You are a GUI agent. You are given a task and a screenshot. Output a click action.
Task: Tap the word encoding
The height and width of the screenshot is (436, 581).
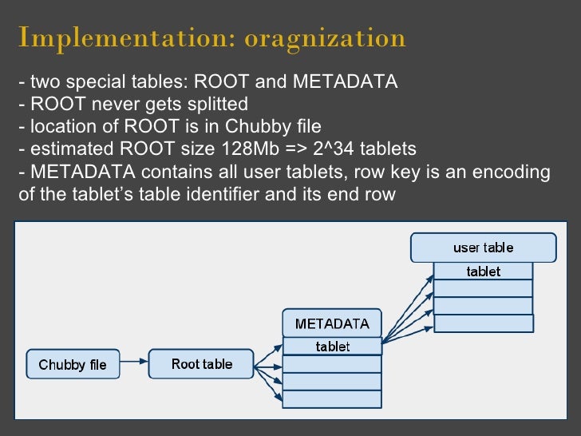(516, 172)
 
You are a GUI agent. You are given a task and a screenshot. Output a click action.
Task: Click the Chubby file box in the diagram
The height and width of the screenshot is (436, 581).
(73, 365)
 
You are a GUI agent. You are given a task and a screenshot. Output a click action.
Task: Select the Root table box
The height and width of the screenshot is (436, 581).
(202, 364)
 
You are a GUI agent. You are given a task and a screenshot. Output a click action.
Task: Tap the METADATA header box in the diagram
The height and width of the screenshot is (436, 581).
(332, 323)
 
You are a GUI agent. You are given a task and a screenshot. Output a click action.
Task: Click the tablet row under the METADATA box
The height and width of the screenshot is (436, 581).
(332, 347)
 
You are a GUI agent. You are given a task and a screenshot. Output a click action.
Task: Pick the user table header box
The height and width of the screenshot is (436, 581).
(483, 248)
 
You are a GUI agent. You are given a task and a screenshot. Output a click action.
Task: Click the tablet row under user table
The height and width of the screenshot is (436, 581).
(483, 272)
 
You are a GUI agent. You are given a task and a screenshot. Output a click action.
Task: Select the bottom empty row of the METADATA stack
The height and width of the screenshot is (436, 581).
(332, 399)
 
